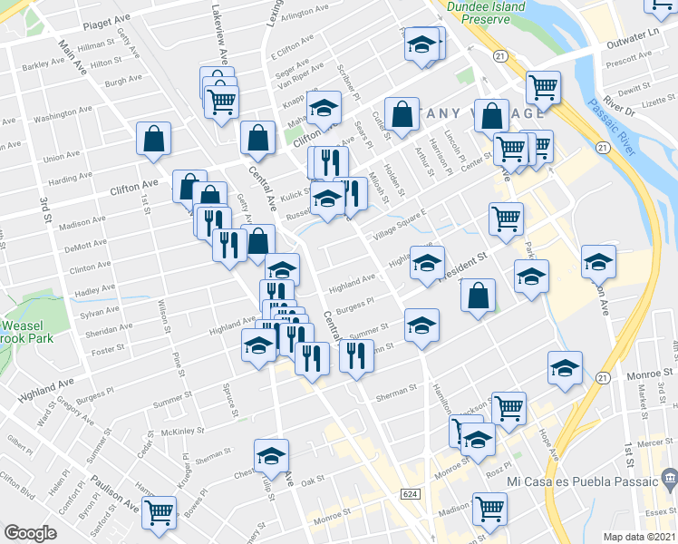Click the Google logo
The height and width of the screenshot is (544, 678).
coord(30,532)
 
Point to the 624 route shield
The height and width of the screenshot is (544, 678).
coord(412,491)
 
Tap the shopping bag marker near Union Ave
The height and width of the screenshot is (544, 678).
coord(154,140)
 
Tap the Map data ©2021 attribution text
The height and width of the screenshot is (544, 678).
coord(640,537)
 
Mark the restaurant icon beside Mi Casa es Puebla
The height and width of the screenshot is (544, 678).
coord(668,477)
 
